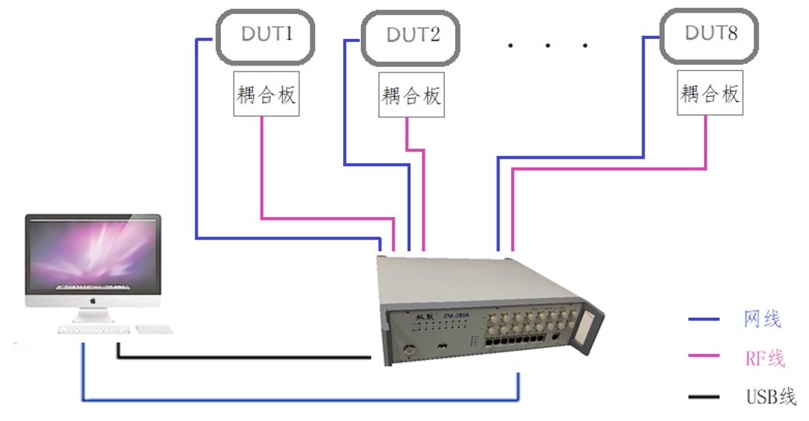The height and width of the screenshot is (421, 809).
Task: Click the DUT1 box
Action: (x=265, y=36)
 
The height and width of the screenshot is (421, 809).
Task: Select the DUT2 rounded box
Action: (x=412, y=36)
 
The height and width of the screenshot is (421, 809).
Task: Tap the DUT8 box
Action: (x=709, y=35)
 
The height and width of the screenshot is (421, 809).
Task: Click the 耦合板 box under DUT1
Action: (x=266, y=94)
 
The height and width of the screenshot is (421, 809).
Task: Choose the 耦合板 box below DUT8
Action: (x=709, y=93)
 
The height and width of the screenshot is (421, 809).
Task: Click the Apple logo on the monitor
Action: (x=92, y=299)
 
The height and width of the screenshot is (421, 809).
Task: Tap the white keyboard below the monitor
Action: (x=93, y=329)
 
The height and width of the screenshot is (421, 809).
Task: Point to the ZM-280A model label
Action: (x=457, y=315)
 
